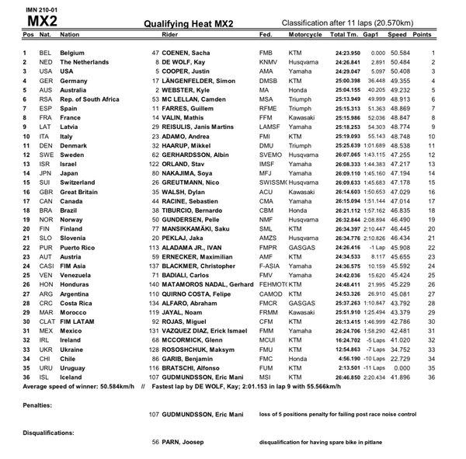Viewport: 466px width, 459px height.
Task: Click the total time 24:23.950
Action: [x=347, y=52]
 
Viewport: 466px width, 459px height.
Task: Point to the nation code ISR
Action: [x=44, y=165]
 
